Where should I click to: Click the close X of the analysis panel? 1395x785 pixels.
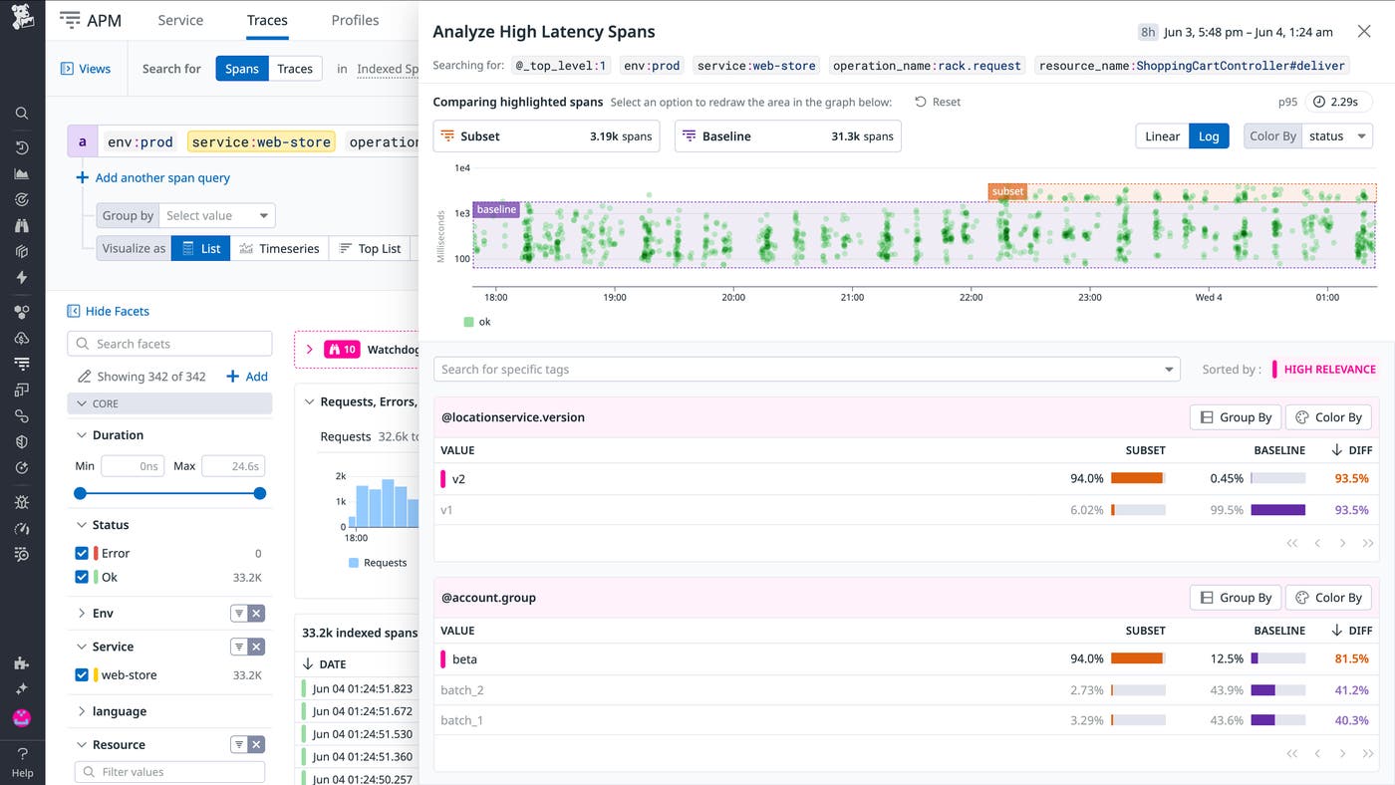tap(1364, 32)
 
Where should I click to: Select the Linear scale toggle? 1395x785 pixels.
tap(1162, 136)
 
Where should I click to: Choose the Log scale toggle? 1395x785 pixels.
tap(1209, 136)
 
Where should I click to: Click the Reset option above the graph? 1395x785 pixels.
tap(938, 102)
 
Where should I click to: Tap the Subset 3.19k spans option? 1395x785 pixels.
tap(546, 136)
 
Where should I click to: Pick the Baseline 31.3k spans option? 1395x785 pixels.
tap(787, 136)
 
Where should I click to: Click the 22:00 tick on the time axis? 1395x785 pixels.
tap(971, 297)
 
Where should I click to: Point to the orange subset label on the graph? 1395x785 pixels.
tap(1007, 191)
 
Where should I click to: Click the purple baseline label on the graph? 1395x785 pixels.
tap(496, 210)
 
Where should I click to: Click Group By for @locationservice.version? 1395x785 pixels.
tap(1236, 417)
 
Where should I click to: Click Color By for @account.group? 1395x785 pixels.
tap(1328, 598)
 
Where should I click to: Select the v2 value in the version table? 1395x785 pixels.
tap(459, 479)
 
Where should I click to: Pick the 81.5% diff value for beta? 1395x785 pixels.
tap(1351, 659)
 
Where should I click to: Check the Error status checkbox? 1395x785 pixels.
tap(82, 553)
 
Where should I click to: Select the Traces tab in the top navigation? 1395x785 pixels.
tap(267, 20)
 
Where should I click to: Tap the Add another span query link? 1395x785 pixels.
tap(162, 178)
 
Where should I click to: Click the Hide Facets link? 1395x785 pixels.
tap(117, 312)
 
